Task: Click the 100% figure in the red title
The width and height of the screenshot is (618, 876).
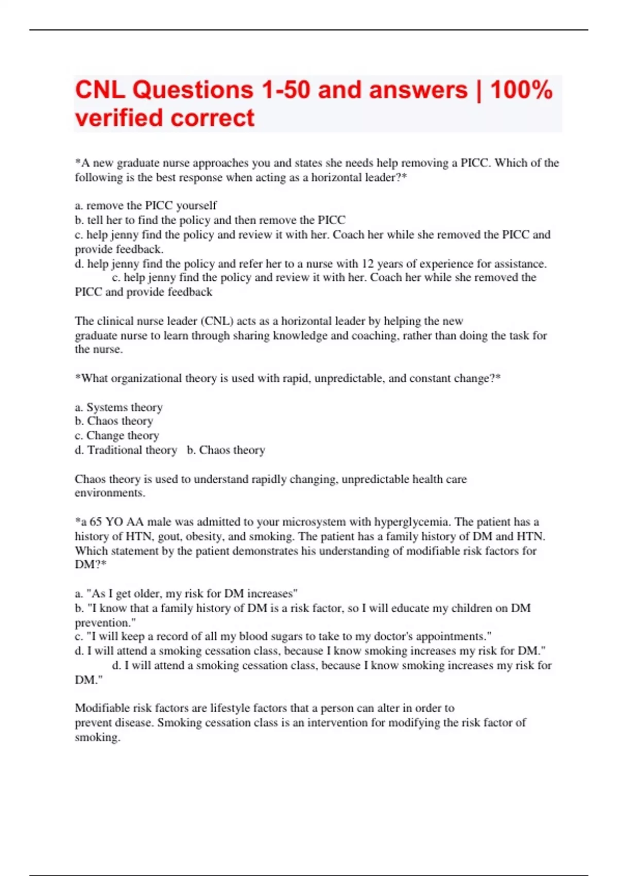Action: tap(521, 90)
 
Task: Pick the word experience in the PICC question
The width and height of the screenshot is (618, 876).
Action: tap(446, 264)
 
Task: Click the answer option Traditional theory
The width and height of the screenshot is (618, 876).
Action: tap(132, 450)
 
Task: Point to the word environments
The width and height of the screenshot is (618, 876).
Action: tap(109, 493)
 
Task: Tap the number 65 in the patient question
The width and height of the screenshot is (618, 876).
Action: tap(96, 521)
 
